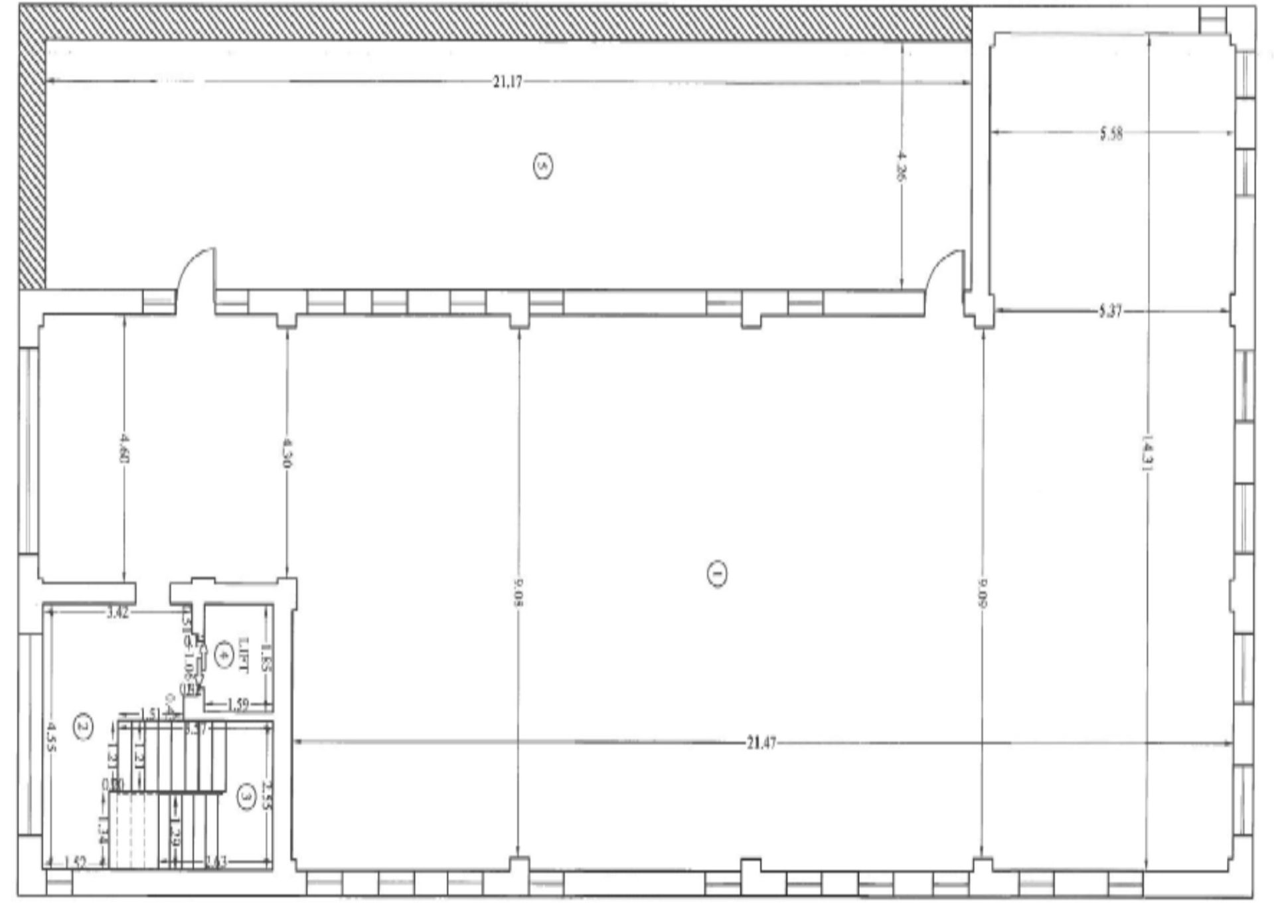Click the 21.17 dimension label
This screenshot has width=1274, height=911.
coord(507,82)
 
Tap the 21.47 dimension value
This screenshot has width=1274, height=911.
coord(761,743)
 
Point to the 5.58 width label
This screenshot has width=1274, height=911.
coord(1111,133)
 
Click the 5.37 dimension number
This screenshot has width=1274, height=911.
coord(1110,311)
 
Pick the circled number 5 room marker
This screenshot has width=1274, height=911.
coord(543,165)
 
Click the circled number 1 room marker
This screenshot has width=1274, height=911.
coord(716,574)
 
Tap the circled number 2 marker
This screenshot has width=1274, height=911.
coord(83,726)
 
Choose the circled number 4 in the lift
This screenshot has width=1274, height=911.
coord(225,654)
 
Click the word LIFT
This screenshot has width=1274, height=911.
coord(242,655)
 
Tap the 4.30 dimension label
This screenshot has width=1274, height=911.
coord(287,452)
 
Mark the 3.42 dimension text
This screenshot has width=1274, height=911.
coord(118,613)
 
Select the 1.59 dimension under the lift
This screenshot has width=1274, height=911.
coord(237,704)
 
